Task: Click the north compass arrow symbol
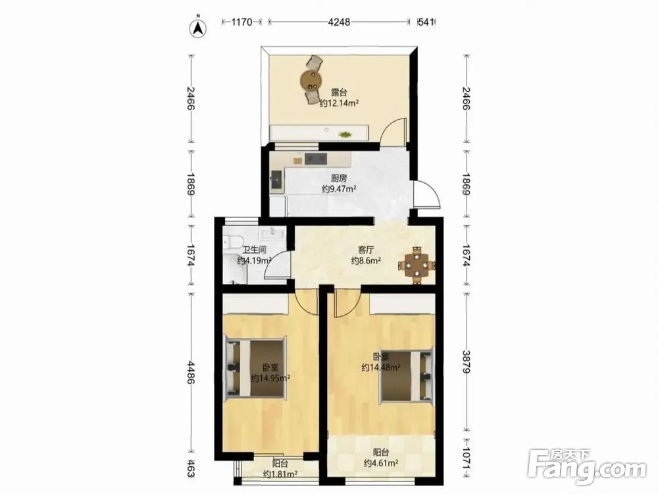pyautogui.click(x=199, y=27)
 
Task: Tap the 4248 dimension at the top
pyautogui.click(x=339, y=22)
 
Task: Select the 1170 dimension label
pyautogui.click(x=241, y=22)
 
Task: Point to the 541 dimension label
pyautogui.click(x=426, y=22)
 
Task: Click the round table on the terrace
pyautogui.click(x=311, y=80)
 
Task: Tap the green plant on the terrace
pyautogui.click(x=345, y=134)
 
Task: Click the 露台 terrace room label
pyautogui.click(x=339, y=92)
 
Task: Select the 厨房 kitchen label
pyautogui.click(x=339, y=178)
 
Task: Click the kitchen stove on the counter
pyautogui.click(x=316, y=159)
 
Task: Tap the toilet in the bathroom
pyautogui.click(x=232, y=242)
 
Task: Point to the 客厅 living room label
pyautogui.click(x=366, y=250)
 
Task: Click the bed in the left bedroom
pyautogui.click(x=255, y=368)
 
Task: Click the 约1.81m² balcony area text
pyautogui.click(x=280, y=474)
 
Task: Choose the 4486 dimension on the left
pyautogui.click(x=191, y=372)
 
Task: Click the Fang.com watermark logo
pyautogui.click(x=587, y=464)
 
